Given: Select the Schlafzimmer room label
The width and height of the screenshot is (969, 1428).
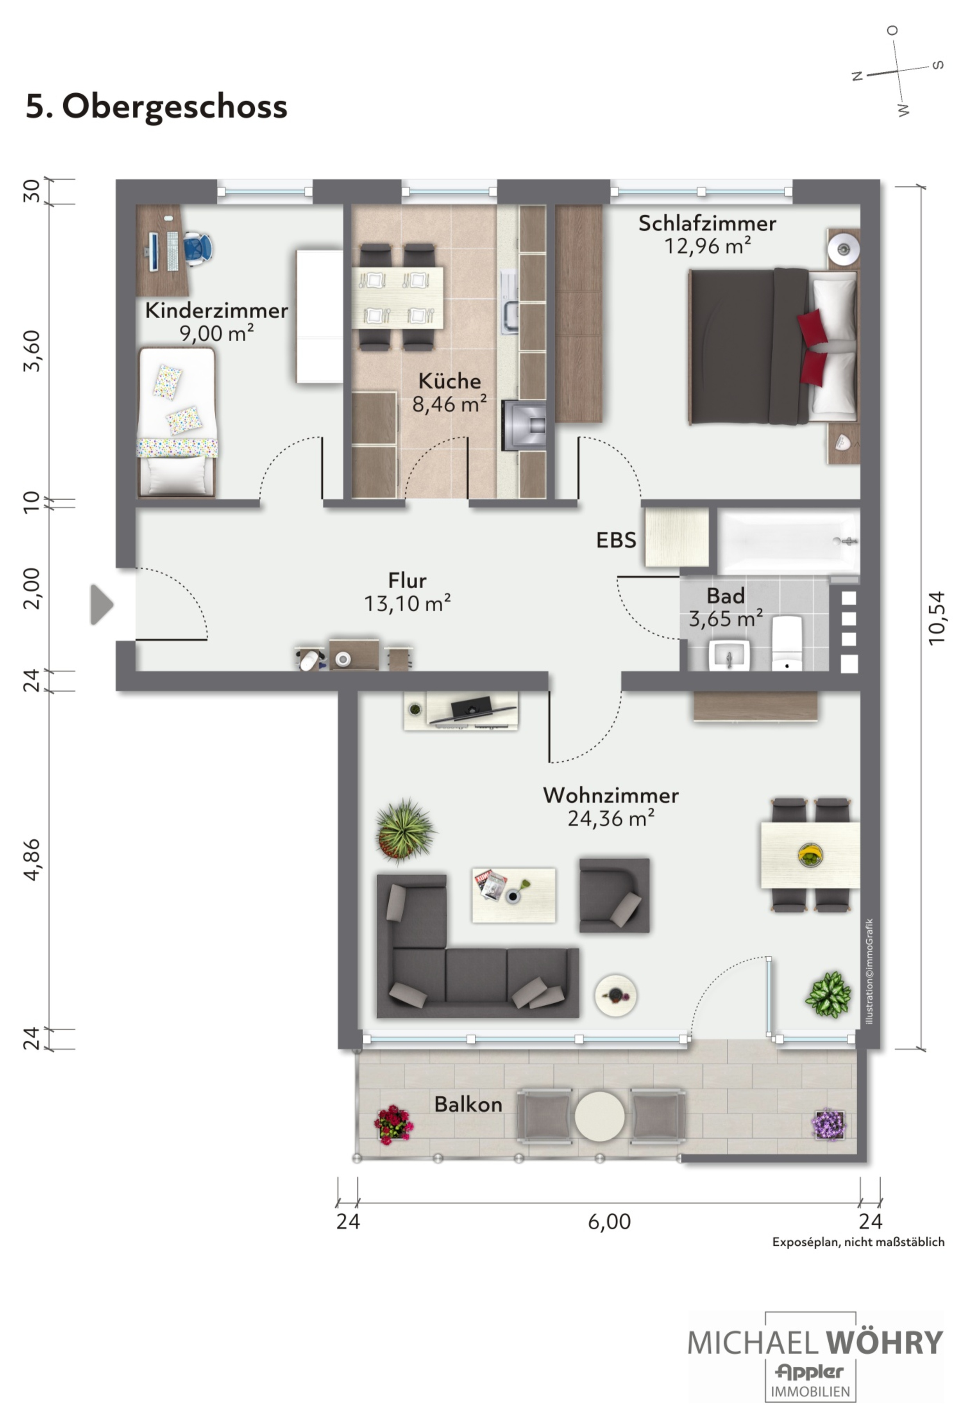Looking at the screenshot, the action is coord(707,223).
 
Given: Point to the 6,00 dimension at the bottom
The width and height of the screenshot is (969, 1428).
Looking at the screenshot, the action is coord(609,1221).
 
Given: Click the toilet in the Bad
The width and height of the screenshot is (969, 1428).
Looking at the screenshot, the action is coord(787,642).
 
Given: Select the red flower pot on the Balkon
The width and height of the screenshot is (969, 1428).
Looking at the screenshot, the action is coord(393,1125).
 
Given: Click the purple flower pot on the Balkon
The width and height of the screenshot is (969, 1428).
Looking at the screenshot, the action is coord(829,1124).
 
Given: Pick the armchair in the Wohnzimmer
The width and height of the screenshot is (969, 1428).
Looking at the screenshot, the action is coord(613,895).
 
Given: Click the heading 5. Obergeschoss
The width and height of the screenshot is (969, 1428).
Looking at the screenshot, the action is coord(157,106).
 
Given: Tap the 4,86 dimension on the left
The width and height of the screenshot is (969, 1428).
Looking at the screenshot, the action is coord(32,859).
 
